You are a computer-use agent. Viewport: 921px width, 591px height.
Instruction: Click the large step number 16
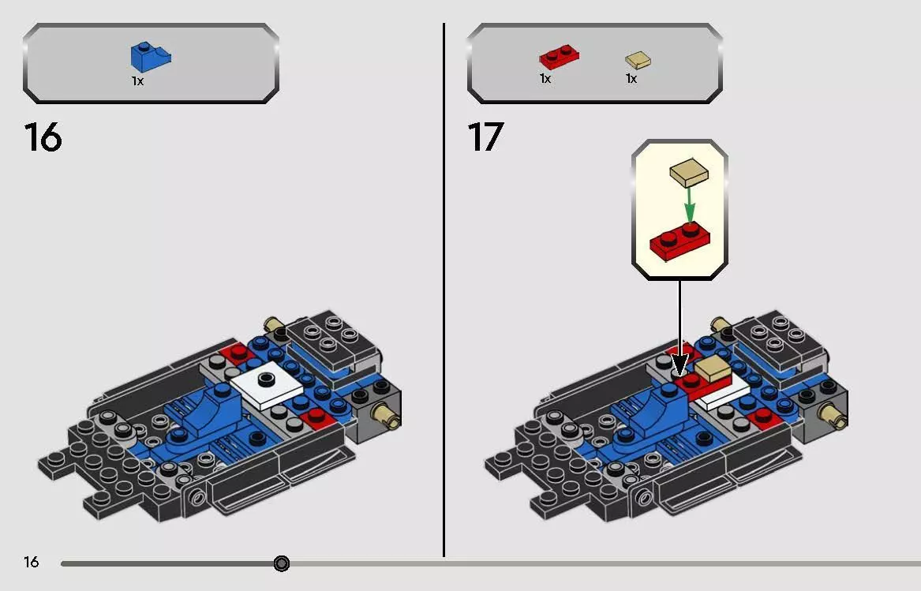tap(43, 137)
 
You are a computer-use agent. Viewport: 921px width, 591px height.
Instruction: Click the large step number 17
tap(485, 137)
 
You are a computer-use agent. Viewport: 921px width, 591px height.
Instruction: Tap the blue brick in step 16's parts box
tap(151, 58)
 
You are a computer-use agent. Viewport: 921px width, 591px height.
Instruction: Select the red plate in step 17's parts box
tap(559, 58)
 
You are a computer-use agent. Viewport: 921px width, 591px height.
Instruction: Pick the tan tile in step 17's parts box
tap(638, 59)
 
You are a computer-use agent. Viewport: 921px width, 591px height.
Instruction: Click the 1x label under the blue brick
tap(137, 80)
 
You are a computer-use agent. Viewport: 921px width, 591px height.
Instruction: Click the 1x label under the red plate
tap(545, 79)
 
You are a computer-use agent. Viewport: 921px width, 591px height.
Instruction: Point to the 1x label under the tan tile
tap(631, 79)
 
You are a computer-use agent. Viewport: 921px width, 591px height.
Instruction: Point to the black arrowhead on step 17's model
tap(679, 365)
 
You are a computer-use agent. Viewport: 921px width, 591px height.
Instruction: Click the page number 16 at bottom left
tap(31, 563)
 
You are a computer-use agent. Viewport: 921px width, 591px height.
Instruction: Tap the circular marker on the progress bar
tap(282, 563)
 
